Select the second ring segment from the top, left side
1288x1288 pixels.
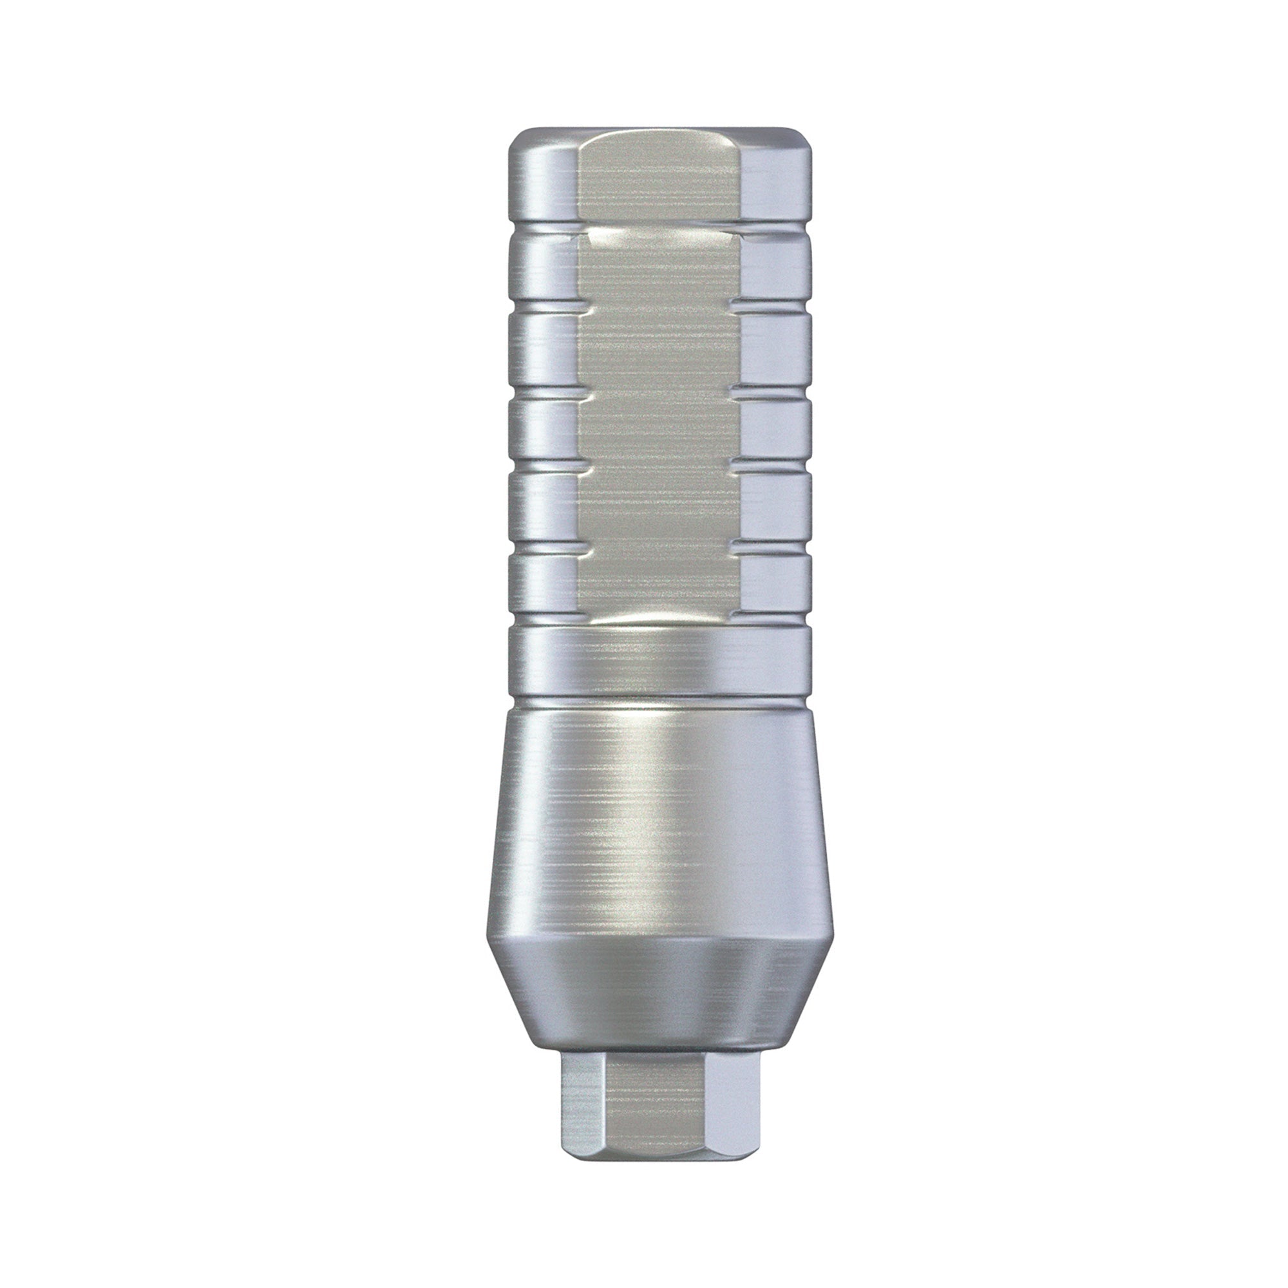pos(542,273)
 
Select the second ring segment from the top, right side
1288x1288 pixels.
pos(777,273)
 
